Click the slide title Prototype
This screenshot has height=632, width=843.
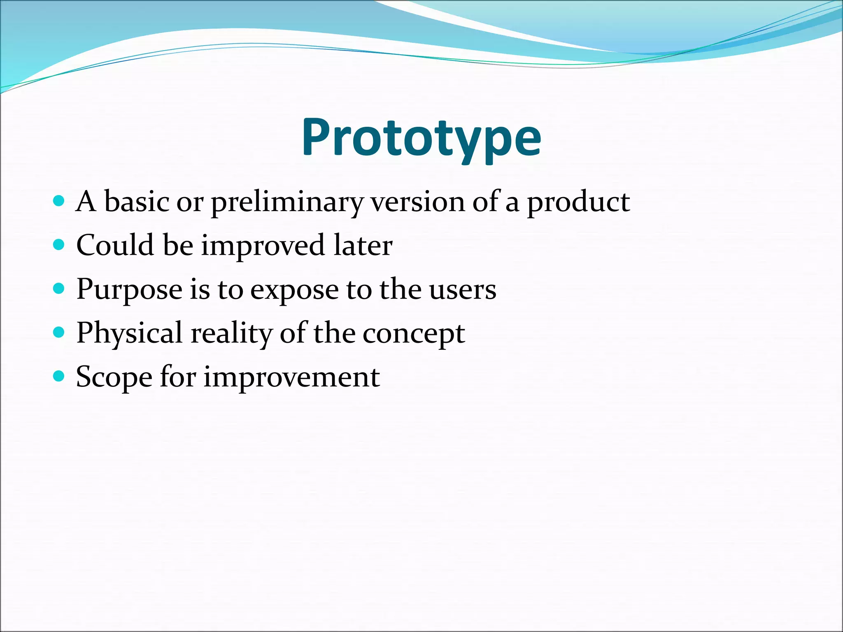pos(421,138)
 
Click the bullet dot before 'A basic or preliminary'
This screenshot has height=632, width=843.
pos(59,201)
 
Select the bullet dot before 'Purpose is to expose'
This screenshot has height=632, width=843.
pos(59,288)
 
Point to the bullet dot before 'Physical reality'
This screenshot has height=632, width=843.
pos(59,332)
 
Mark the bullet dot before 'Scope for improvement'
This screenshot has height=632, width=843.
pos(59,376)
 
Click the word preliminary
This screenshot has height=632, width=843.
pos(287,202)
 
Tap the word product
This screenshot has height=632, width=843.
pos(578,202)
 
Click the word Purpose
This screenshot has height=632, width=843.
pos(129,290)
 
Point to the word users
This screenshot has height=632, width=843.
pos(463,290)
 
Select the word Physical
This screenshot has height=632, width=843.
pos(129,333)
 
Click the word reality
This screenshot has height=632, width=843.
pos(231,333)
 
